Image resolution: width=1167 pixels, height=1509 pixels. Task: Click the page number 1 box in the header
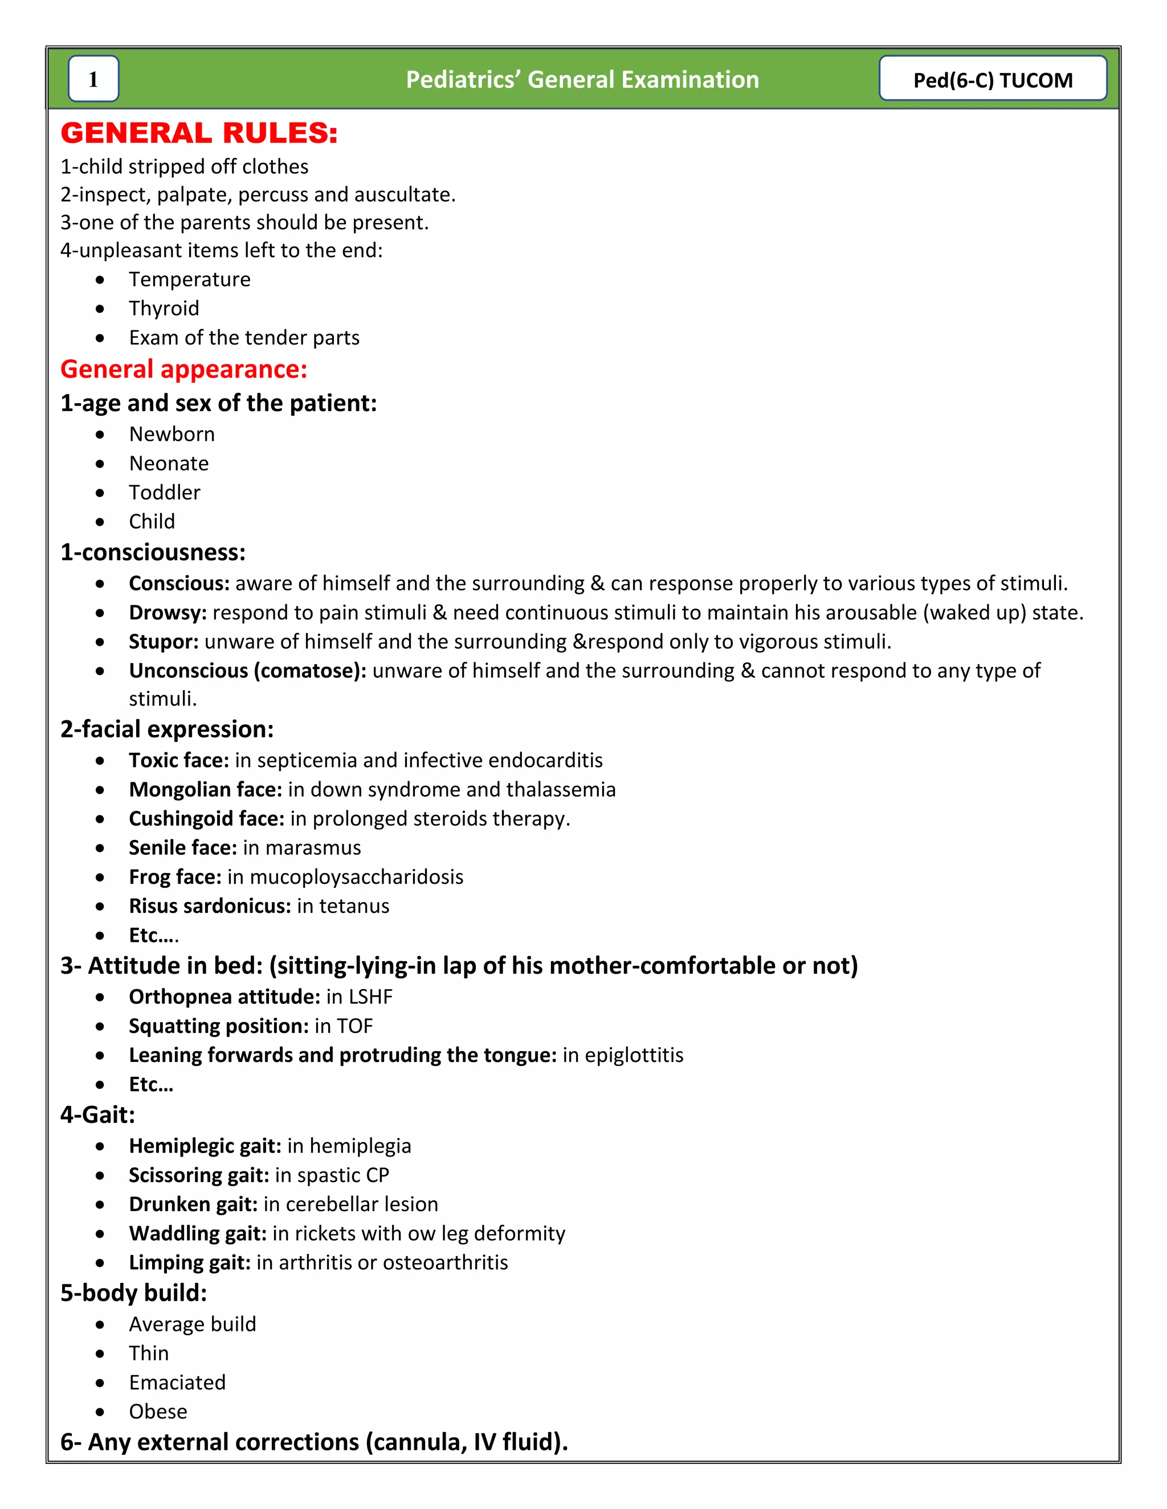pos(93,79)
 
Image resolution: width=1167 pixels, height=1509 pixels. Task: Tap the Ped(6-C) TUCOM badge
pos(992,80)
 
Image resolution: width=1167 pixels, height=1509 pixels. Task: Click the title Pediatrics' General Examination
pos(582,80)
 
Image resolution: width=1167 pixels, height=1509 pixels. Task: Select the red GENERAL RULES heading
pos(199,133)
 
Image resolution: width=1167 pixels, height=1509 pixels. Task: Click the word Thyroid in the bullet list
pos(164,308)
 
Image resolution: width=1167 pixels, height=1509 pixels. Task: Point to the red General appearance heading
pos(183,369)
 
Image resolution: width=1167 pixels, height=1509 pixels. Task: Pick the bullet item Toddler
pos(165,493)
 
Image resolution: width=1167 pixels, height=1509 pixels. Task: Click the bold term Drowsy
pos(168,613)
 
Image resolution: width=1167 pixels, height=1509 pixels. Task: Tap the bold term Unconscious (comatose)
pos(247,671)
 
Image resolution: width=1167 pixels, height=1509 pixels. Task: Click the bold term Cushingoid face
pos(206,819)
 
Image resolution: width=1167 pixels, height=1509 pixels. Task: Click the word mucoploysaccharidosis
pos(356,877)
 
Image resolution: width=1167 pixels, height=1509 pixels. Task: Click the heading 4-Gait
pos(97,1114)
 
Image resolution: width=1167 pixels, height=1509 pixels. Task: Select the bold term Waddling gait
pos(197,1233)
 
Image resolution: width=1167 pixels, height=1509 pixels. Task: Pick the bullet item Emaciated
pos(177,1383)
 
